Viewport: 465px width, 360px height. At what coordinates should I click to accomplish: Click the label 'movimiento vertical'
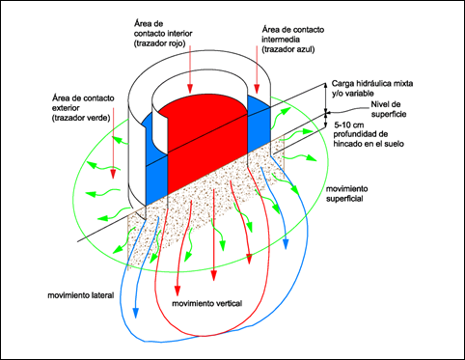click(207, 303)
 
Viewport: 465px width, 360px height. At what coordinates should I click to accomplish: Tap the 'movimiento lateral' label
click(81, 295)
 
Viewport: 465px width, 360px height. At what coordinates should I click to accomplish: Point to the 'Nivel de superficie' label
click(389, 109)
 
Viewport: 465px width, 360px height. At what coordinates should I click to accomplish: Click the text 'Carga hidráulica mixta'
click(372, 84)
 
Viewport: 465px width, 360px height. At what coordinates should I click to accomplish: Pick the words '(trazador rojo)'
click(160, 43)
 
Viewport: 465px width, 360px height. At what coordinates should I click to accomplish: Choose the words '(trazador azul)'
click(288, 49)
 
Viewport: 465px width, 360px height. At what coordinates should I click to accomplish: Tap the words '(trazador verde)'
click(81, 118)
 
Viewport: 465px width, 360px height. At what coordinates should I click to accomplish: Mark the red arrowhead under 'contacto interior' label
click(190, 88)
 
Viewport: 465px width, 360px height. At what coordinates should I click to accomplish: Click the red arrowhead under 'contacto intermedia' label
click(257, 89)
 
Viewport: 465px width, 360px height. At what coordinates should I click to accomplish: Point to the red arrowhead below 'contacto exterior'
click(113, 174)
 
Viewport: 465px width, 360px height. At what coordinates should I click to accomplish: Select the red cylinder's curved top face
click(203, 104)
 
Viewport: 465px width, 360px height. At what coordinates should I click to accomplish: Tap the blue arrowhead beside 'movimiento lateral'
click(136, 313)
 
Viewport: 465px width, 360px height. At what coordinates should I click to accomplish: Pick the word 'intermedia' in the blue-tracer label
click(281, 40)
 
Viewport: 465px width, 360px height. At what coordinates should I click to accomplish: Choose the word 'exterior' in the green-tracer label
click(66, 108)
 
